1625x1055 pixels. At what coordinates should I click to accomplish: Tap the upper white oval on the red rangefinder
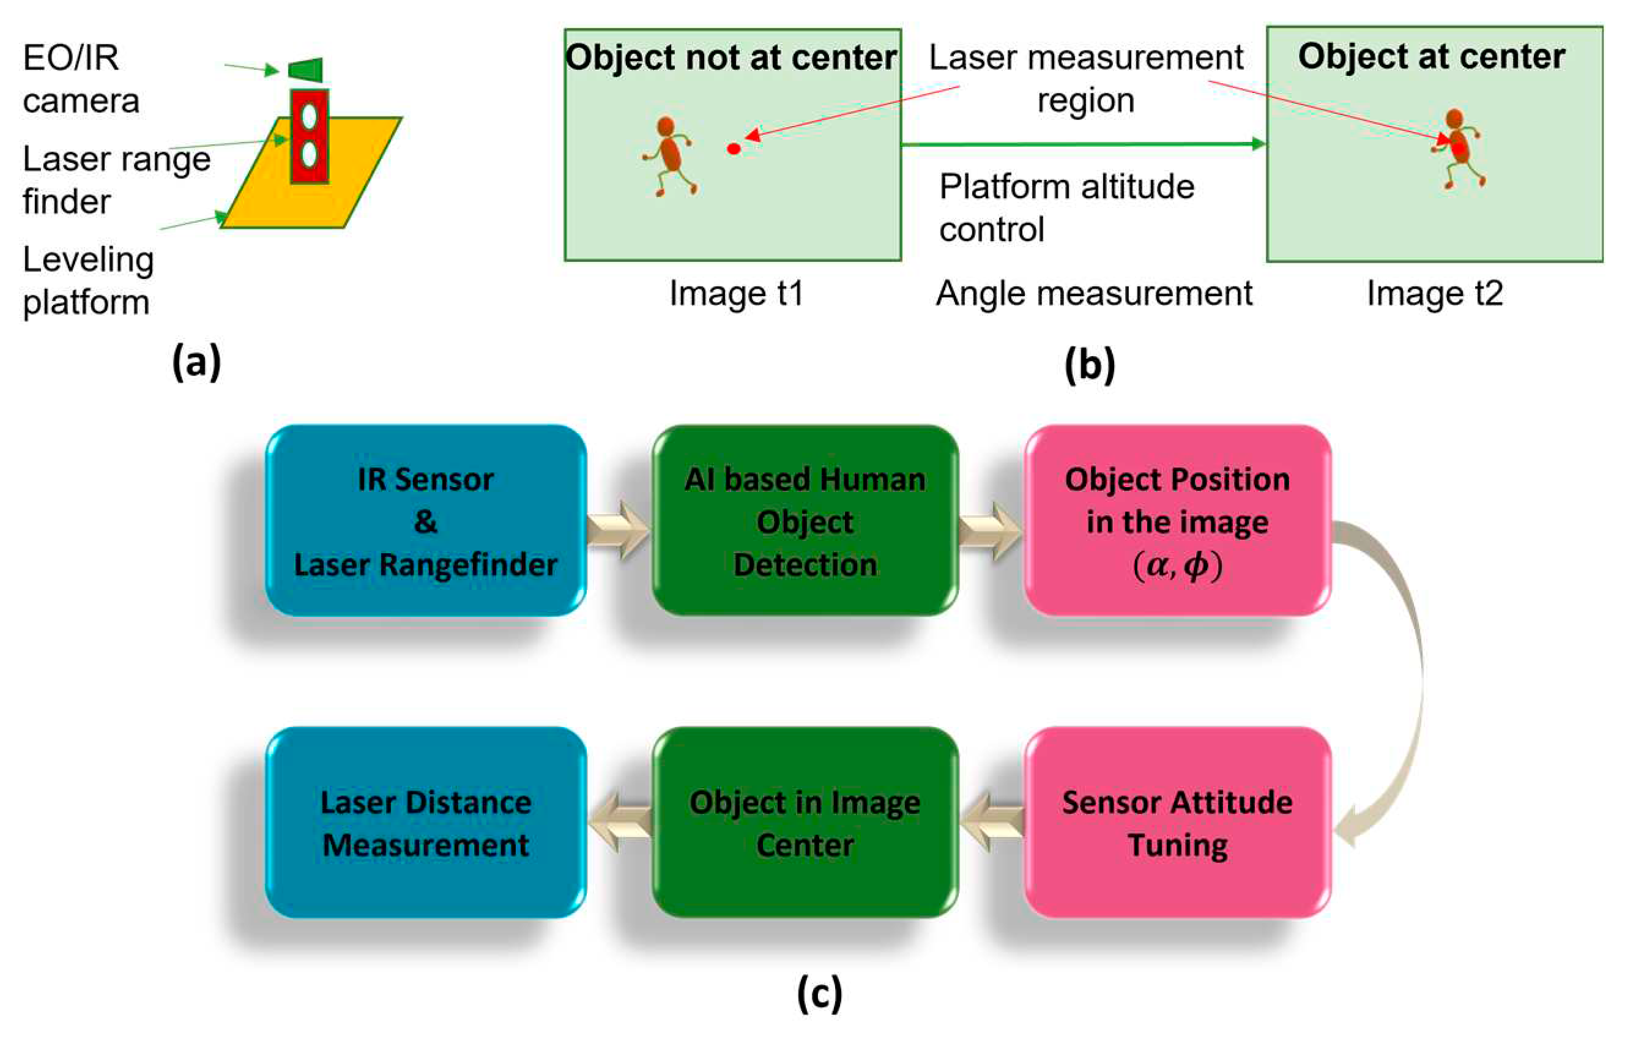[310, 116]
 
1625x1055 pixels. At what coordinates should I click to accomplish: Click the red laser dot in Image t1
[734, 148]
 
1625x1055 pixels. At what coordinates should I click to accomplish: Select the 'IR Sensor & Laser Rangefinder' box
[425, 521]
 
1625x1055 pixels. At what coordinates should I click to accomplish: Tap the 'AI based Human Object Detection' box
[805, 521]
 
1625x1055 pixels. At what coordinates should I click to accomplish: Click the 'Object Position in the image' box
[1177, 521]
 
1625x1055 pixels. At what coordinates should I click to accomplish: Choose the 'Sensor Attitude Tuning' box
[1177, 823]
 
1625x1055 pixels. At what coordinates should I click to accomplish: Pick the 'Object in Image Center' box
[805, 823]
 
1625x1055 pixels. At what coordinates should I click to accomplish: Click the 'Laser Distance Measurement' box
[425, 823]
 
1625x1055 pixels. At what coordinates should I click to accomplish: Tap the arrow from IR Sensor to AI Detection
[619, 530]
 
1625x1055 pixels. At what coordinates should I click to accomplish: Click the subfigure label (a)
[196, 361]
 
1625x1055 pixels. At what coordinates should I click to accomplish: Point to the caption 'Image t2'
[1435, 294]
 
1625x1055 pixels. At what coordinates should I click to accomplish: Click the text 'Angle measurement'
[1094, 294]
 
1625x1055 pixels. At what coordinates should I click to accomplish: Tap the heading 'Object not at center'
[731, 58]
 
